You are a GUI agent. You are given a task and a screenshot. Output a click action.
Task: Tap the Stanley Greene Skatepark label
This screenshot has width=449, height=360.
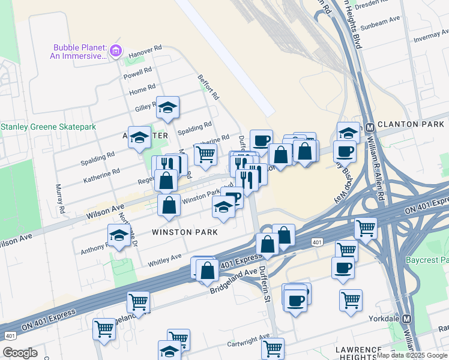click(x=48, y=127)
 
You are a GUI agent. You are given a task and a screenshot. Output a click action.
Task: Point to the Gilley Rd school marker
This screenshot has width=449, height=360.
click(x=168, y=107)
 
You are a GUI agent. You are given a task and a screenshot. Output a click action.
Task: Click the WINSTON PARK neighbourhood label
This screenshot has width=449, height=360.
click(x=184, y=232)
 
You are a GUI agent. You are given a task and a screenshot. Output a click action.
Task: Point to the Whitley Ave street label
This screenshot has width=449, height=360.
click(x=164, y=259)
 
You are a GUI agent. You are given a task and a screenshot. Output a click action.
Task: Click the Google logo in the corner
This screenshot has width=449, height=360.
click(x=20, y=353)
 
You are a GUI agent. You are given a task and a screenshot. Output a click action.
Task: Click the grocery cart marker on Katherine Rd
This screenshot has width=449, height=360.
click(x=205, y=154)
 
